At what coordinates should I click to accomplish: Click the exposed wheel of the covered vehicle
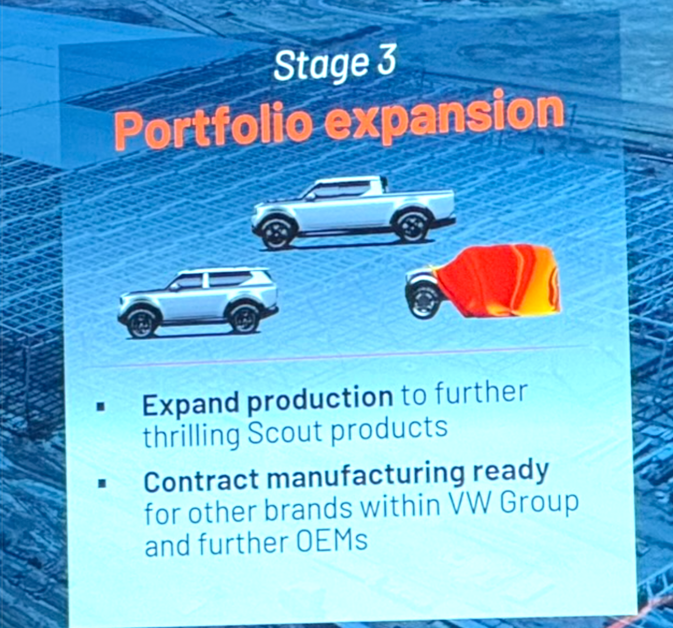424,302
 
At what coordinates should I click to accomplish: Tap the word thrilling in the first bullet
192,434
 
